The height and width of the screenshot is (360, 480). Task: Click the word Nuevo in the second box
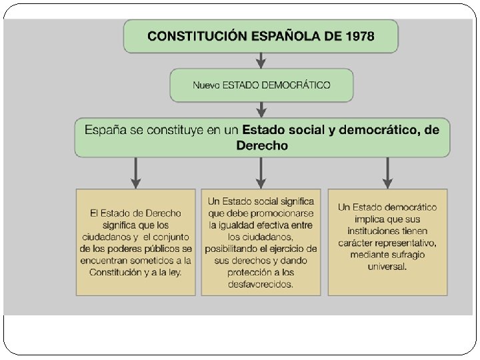point(206,85)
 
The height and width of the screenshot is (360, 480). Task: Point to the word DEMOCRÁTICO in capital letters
point(297,85)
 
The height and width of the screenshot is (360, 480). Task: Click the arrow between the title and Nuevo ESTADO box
point(261,61)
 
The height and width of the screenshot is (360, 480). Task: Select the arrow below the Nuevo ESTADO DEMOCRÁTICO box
point(261,109)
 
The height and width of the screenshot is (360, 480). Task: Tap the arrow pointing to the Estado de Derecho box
point(136,173)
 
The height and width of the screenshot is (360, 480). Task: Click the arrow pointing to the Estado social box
point(261,173)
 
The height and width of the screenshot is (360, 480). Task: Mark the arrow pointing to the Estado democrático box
point(387,173)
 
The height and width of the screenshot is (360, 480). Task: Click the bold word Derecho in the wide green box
point(262,145)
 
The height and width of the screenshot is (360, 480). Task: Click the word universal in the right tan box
point(387,267)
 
